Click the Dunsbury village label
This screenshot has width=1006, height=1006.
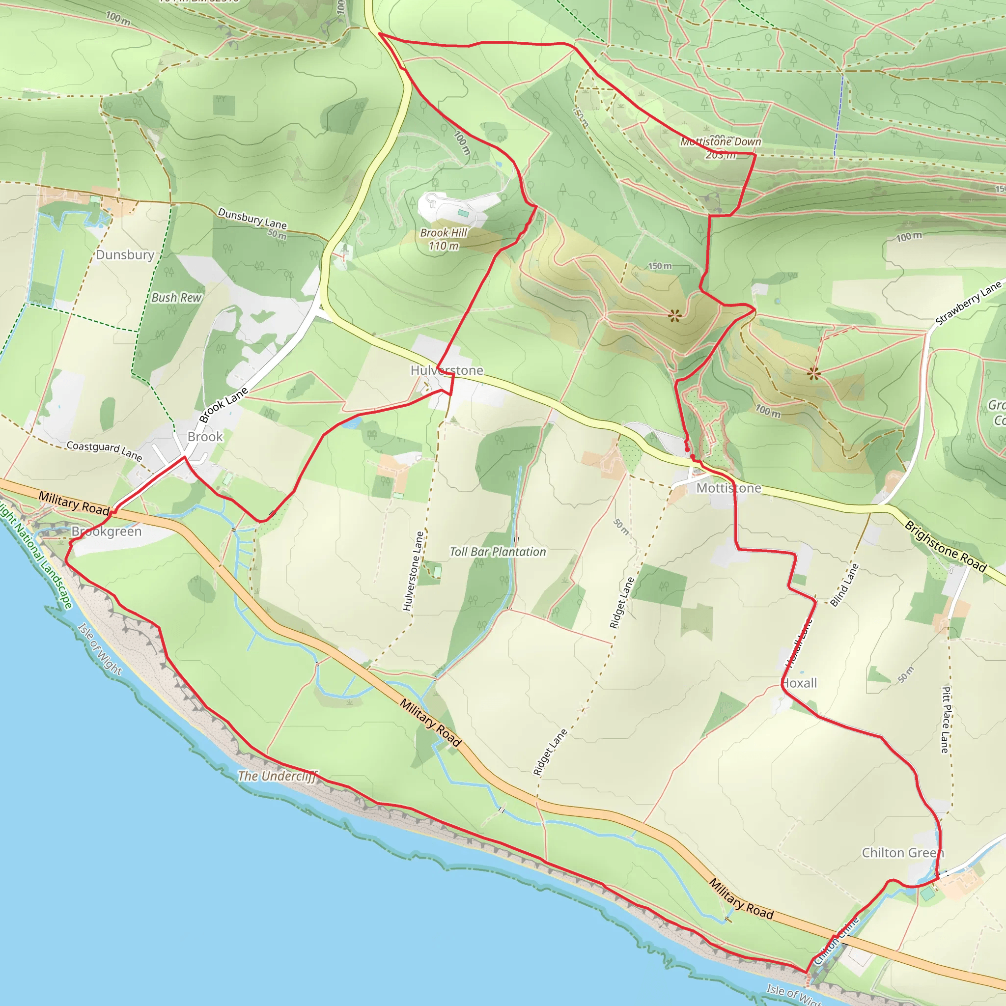coord(125,254)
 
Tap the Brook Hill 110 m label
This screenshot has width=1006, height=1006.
coord(444,239)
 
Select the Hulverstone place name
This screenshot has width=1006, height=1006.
coord(447,370)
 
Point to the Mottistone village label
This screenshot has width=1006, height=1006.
coord(728,488)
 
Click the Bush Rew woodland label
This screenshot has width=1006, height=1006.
coord(176,297)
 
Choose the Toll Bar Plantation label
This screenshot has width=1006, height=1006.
coord(498,552)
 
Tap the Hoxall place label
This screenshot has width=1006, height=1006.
coord(800,683)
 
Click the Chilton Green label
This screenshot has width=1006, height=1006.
coord(902,852)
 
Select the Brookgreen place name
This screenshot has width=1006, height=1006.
coord(106,531)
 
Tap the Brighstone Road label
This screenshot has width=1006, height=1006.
coord(945,546)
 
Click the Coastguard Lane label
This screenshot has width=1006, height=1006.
coord(104,450)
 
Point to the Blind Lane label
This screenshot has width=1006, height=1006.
coord(844,585)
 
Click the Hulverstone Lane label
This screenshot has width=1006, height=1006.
coord(414,571)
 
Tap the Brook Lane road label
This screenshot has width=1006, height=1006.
coord(224,405)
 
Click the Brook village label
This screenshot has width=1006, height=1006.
coord(205,436)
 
